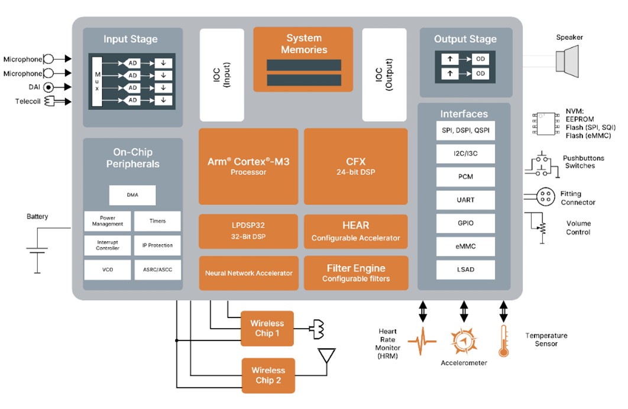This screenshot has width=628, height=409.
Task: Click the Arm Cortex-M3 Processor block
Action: pos(248,166)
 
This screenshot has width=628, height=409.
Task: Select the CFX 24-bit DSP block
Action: pos(355,166)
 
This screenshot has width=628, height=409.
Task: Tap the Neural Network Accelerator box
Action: pos(248,273)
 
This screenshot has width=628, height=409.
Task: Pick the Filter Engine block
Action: pos(355,272)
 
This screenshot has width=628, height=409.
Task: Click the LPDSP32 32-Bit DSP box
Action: pos(248,231)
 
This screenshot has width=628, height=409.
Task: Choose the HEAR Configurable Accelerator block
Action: pos(355,231)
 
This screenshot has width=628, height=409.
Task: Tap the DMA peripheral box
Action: pos(132,195)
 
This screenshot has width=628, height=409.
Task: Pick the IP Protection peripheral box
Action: pos(157,245)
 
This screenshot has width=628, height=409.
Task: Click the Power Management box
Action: pos(108,221)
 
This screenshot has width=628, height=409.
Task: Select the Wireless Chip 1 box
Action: pos(267,329)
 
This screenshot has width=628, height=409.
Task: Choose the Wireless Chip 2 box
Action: pos(267,375)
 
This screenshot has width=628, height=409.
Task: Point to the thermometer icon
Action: pos(503,341)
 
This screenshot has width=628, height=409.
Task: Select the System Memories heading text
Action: pos(303,44)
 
